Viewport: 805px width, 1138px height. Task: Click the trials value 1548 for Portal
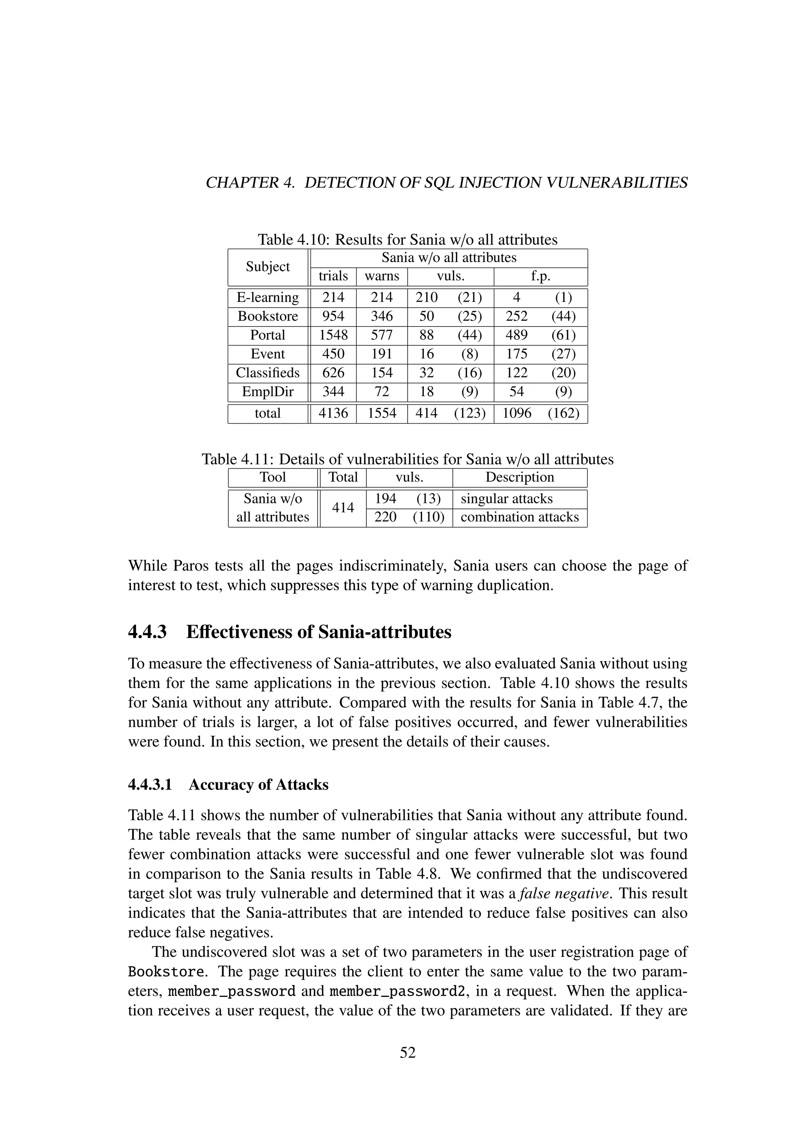(x=333, y=335)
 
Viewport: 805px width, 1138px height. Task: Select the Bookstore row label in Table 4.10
(x=268, y=316)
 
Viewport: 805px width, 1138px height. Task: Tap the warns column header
(x=382, y=276)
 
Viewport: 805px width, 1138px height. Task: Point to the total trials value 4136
(x=333, y=413)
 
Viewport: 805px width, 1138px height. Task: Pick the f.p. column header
(x=540, y=276)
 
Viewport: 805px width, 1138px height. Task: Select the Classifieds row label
(x=268, y=373)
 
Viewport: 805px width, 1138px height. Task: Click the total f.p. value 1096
(x=516, y=413)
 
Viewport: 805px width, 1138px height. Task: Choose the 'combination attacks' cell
(x=520, y=517)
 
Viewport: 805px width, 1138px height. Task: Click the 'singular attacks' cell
(x=506, y=499)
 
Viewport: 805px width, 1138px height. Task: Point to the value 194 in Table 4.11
(x=385, y=498)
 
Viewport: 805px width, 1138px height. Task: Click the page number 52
(x=408, y=1053)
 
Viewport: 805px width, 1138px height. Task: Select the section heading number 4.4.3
(x=147, y=632)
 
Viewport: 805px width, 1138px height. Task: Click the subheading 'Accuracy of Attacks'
(x=258, y=785)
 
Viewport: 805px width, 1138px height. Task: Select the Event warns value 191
(x=382, y=354)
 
